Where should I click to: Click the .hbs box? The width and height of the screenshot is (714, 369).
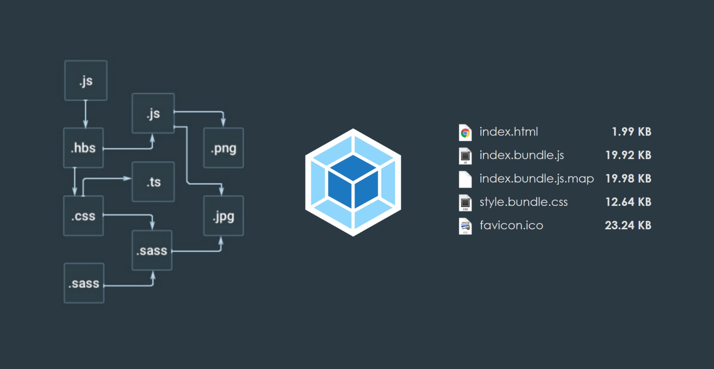tap(83, 148)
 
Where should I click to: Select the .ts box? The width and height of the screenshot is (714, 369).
tap(153, 182)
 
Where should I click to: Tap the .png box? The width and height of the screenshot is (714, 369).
tap(223, 148)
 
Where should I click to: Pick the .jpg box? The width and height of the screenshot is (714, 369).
tap(223, 216)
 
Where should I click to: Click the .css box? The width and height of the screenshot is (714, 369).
tap(83, 216)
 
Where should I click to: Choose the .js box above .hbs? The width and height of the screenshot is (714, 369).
tap(86, 81)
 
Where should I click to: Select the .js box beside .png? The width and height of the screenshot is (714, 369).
tap(153, 113)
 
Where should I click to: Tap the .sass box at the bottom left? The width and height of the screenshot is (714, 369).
tap(84, 283)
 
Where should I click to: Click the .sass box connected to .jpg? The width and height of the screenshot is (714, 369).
tap(152, 250)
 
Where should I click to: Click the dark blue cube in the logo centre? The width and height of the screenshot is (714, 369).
tap(353, 182)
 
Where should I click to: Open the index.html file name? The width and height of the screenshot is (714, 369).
tap(508, 132)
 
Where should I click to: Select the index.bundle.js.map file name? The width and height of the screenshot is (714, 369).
tap(536, 178)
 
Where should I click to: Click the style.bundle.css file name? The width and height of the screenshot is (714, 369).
tap(523, 202)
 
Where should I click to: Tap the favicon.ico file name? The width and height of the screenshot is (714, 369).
tap(511, 225)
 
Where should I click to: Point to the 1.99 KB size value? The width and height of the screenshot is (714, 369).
tap(631, 132)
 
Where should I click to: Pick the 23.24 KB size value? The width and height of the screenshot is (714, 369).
tap(628, 225)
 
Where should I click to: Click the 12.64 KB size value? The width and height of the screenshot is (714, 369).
tap(628, 202)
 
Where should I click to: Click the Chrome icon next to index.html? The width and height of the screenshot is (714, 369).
tap(465, 133)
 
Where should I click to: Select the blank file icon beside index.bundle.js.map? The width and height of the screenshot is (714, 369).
tap(465, 179)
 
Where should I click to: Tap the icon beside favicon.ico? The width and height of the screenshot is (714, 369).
tap(465, 226)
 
